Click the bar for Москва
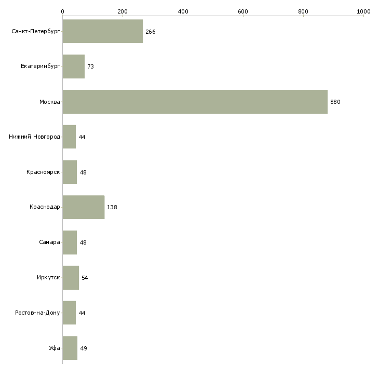point(195,102)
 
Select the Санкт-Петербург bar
point(103,31)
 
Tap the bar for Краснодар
point(84,207)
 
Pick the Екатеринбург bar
point(74,66)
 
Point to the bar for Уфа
point(70,348)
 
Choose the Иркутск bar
point(71,278)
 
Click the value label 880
point(335,102)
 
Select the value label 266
point(151,32)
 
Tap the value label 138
point(112,207)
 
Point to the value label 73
point(91,66)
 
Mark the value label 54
point(85,278)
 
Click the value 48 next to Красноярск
point(83,172)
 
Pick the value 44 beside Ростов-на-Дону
point(82,313)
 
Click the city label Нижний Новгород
point(35,137)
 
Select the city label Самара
point(49,242)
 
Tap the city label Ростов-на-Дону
point(37,313)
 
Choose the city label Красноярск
point(43,172)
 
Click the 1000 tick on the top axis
point(363,11)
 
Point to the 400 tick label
point(183,11)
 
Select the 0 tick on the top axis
point(63,11)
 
